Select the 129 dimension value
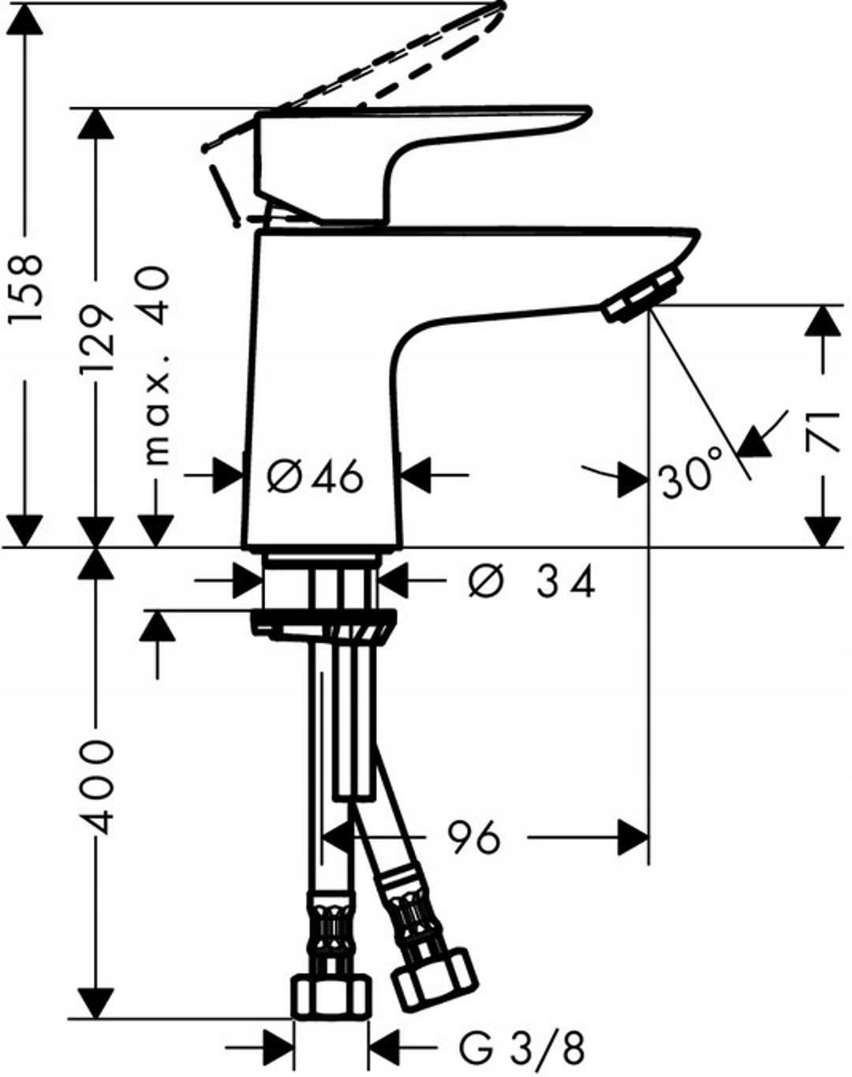tap(96, 339)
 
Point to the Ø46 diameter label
tap(315, 476)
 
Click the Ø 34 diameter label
tap(531, 583)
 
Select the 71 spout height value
tap(824, 431)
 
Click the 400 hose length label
tap(98, 787)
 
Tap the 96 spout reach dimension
tap(474, 837)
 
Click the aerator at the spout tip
tap(642, 297)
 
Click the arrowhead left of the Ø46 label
tap(229, 476)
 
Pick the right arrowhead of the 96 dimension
tap(633, 837)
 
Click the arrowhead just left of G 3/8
tap(278, 1049)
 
